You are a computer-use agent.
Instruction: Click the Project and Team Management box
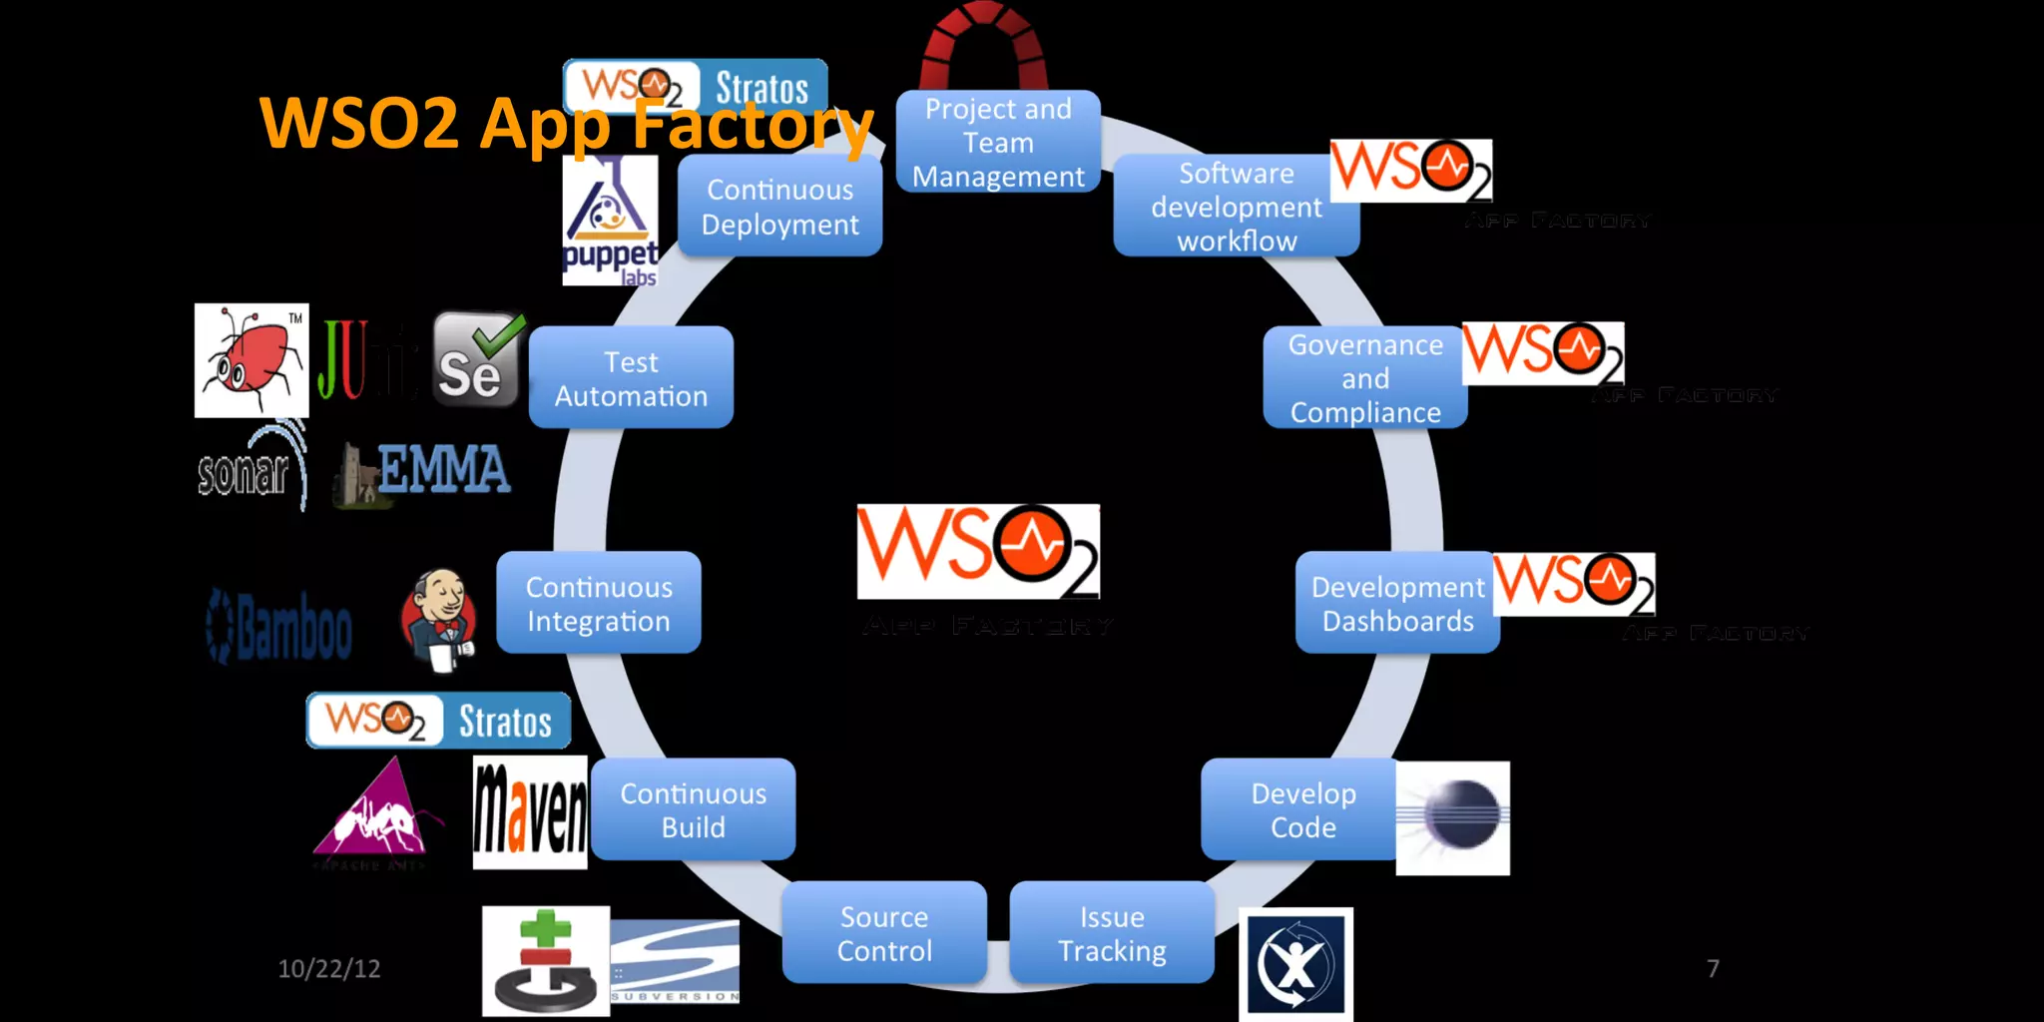pos(998,142)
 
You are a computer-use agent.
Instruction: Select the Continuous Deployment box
pos(779,207)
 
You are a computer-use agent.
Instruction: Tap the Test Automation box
pos(631,378)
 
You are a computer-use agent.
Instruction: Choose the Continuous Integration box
pos(599,603)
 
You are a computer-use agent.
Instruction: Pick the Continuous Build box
pos(694,809)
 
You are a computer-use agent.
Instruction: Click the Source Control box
pos(884,933)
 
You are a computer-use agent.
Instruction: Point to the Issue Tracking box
pos(1112,933)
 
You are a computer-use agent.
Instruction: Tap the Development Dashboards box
pos(1397,603)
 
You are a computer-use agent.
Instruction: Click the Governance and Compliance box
pos(1364,378)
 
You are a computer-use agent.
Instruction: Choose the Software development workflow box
pos(1236,207)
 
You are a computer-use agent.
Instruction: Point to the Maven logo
pos(530,811)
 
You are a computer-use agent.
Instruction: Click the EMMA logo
pos(424,471)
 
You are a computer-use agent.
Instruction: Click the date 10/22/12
pos(329,968)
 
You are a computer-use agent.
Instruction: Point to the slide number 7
pos(1713,968)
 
